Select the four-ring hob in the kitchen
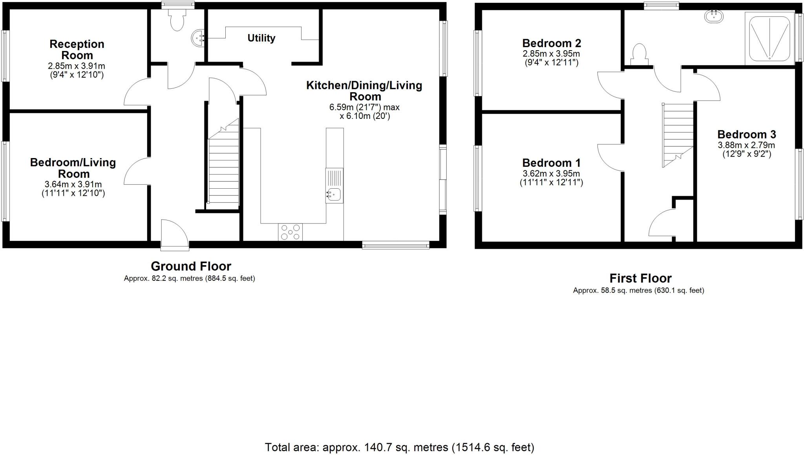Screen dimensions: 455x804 (x=291, y=232)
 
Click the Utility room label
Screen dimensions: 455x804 (x=261, y=38)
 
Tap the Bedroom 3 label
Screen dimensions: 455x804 (x=746, y=135)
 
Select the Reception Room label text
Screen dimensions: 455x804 (x=77, y=49)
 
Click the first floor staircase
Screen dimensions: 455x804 (x=678, y=135)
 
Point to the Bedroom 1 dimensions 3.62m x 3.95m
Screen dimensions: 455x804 (x=551, y=173)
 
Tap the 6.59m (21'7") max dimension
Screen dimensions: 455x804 (x=364, y=107)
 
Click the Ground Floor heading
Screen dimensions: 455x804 (x=191, y=266)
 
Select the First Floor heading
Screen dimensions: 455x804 (x=640, y=278)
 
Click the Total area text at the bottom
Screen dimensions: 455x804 (x=399, y=447)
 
